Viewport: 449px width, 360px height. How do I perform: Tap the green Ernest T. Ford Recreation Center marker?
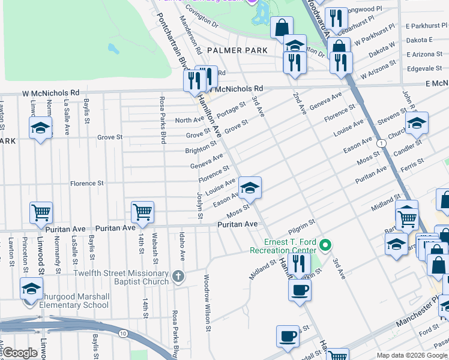325,245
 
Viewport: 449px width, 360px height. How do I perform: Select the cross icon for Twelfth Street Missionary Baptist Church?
177,277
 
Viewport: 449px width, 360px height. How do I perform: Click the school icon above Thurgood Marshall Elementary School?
31,289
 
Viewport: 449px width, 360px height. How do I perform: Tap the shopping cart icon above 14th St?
142,211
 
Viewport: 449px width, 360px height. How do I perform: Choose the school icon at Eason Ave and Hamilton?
250,188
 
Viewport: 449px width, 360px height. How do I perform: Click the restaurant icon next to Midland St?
297,263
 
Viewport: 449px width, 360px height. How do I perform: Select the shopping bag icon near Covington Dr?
281,27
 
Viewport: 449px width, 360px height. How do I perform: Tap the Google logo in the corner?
20,353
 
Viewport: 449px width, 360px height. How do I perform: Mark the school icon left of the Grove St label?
40,128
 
